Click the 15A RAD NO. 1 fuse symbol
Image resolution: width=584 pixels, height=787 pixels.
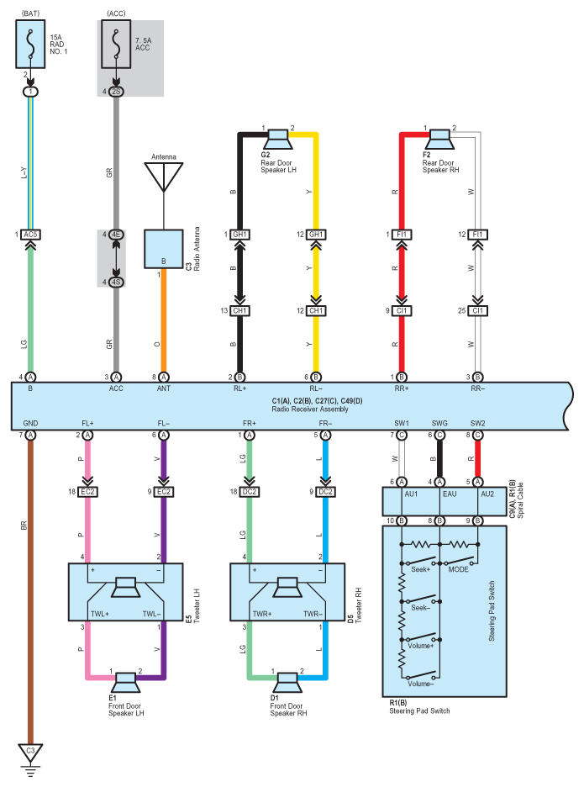coord(30,45)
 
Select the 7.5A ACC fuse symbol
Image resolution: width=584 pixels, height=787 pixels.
coord(116,45)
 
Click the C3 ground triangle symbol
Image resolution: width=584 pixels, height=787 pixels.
coord(30,753)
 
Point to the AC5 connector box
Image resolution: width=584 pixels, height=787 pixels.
coord(30,235)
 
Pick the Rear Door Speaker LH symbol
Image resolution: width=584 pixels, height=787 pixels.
coord(278,139)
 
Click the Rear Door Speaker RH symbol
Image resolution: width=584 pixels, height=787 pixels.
coord(440,139)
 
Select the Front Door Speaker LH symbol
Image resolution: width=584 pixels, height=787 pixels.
coord(125,683)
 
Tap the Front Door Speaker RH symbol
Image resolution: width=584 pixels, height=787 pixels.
coord(287,683)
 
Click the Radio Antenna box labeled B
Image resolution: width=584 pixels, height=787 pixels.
coord(164,249)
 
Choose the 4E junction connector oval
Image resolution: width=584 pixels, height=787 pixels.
coord(116,235)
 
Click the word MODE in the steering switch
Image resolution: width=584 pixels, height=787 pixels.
coord(458,569)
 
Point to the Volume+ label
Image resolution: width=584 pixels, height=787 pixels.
coord(420,646)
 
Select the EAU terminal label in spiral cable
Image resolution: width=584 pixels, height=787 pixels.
coord(450,494)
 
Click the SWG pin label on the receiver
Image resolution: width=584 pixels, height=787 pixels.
coord(439,423)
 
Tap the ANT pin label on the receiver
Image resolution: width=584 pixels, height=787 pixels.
coord(164,388)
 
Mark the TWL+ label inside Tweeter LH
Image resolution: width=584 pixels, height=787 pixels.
coord(100,613)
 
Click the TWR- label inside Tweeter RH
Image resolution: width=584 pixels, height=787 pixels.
coord(313,613)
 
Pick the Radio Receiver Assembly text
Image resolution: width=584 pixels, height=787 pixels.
coord(310,409)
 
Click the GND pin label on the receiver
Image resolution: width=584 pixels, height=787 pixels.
coord(30,423)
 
